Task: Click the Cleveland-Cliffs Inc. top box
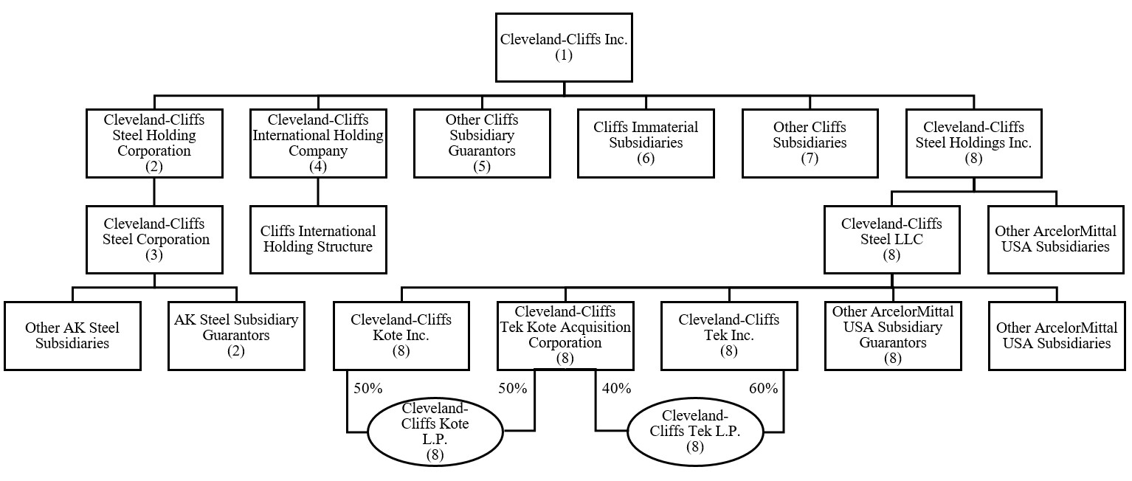point(564,47)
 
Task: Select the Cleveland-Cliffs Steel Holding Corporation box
point(153,143)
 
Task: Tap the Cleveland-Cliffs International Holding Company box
point(318,143)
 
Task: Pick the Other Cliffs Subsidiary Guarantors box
point(482,143)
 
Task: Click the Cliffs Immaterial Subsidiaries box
point(646,143)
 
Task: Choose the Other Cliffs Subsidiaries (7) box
point(810,143)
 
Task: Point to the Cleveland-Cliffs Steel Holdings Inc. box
point(973,143)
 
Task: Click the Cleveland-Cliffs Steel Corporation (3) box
point(153,239)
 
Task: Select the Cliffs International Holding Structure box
point(318,239)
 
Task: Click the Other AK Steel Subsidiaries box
point(72,336)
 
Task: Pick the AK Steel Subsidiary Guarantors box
point(236,336)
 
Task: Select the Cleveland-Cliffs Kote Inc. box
point(401,336)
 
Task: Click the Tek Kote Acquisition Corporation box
point(565,336)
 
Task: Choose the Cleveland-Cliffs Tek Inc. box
point(728,336)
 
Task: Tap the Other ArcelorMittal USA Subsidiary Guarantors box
point(893,336)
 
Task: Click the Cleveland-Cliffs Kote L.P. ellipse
point(435,432)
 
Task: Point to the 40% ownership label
point(618,388)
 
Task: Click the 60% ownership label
point(763,388)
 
